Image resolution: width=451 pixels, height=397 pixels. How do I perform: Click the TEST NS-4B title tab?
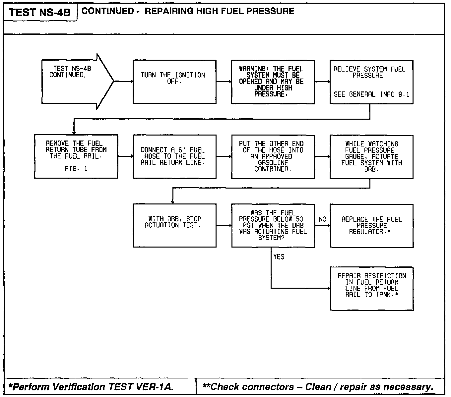[40, 13]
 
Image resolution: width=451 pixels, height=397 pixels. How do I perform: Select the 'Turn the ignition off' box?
[174, 82]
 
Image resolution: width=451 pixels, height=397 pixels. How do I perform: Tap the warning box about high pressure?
[273, 82]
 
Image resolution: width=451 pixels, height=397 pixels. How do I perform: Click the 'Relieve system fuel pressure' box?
[371, 82]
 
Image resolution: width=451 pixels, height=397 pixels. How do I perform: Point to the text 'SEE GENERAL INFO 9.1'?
[371, 94]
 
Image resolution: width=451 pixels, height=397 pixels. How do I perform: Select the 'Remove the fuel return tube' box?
[76, 156]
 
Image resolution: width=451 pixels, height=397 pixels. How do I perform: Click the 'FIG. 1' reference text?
[76, 169]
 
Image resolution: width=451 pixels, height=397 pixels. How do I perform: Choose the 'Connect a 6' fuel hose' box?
[174, 156]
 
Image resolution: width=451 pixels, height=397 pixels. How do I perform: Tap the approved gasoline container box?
[273, 156]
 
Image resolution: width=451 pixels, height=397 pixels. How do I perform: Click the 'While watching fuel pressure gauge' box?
[371, 156]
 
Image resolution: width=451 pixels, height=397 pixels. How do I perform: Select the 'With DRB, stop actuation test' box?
[174, 225]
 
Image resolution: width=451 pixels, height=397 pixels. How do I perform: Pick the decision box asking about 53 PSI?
[273, 225]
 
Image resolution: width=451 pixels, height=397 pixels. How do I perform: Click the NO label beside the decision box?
[322, 219]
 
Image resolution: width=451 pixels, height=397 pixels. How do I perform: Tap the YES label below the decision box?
[279, 257]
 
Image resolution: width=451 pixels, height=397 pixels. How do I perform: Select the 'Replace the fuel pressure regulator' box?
[371, 225]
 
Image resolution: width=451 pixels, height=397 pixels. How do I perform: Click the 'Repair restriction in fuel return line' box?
[371, 288]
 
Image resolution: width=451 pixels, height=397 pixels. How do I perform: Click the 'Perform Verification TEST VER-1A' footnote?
[91, 387]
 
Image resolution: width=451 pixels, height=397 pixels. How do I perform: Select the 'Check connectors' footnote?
[318, 387]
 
